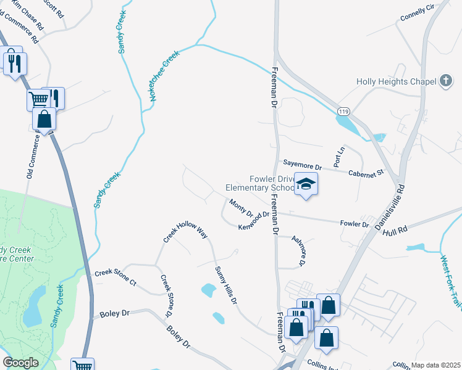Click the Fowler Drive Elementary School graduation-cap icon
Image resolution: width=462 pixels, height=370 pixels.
pyautogui.click(x=306, y=184)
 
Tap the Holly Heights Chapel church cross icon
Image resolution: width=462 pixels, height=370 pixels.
pyautogui.click(x=446, y=81)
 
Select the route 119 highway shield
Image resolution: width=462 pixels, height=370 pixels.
pyautogui.click(x=344, y=110)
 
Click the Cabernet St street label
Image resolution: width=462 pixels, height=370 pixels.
pyautogui.click(x=366, y=173)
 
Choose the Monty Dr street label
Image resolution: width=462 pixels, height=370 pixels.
pyautogui.click(x=241, y=208)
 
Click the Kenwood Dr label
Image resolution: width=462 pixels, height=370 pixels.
pyautogui.click(x=254, y=221)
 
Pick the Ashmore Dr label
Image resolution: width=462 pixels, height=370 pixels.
pyautogui.click(x=298, y=251)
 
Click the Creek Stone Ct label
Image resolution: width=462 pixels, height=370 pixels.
pyautogui.click(x=115, y=277)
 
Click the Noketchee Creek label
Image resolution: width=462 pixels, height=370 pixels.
pyautogui.click(x=164, y=76)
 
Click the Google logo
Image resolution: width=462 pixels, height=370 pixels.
pyautogui.click(x=20, y=363)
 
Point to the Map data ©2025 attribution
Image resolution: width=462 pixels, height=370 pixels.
pyautogui.click(x=435, y=365)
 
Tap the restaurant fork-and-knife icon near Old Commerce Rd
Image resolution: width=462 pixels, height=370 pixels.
pyautogui.click(x=14, y=62)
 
